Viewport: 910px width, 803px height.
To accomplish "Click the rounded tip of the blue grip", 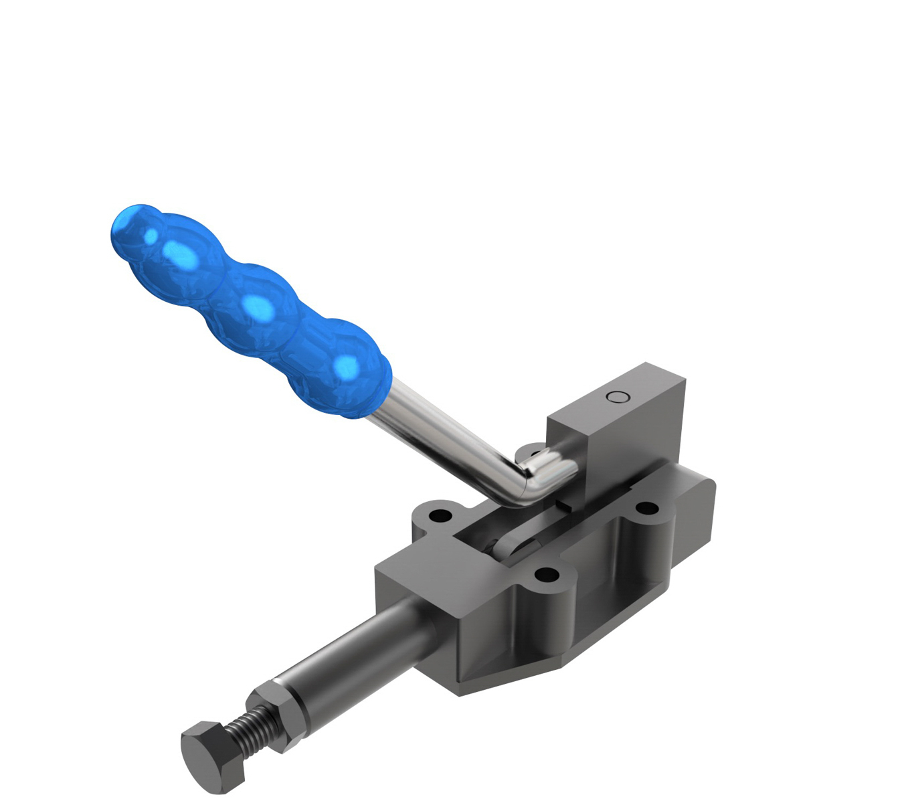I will [127, 228].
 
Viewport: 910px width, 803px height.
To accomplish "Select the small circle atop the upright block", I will [618, 397].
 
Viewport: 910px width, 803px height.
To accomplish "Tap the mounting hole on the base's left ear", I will [440, 517].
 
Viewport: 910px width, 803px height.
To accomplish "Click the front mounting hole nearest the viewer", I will [547, 574].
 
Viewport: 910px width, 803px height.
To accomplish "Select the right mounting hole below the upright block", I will [646, 509].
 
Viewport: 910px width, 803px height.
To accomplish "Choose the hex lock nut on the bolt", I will [276, 711].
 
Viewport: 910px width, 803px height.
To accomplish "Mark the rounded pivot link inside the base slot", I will [515, 545].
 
